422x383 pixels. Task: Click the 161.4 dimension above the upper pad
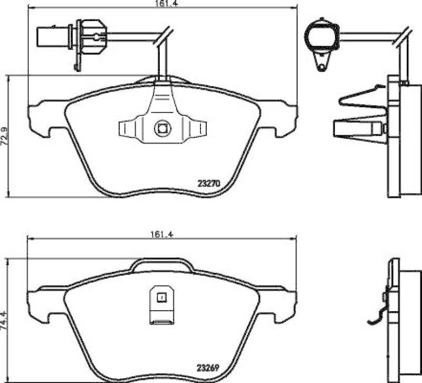coord(161,3)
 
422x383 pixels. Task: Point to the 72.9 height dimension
coord(4,136)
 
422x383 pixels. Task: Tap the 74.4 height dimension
coord(4,320)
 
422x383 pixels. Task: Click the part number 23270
coord(208,184)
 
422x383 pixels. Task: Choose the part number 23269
coord(208,368)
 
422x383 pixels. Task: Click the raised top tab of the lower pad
coord(162,265)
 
